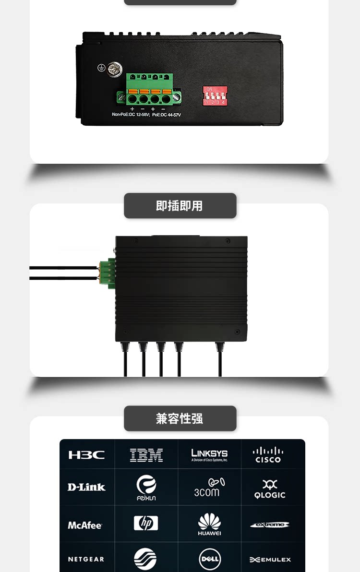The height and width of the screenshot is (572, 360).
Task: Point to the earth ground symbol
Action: [101, 68]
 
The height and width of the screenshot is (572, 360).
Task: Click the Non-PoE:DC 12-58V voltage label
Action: [130, 115]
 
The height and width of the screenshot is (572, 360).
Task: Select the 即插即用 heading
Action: [180, 206]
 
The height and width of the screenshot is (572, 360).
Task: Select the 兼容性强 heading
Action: [180, 418]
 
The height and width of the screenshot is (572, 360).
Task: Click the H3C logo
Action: [86, 455]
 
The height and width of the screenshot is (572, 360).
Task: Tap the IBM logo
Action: [146, 455]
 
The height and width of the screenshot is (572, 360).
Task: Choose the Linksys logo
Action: [209, 454]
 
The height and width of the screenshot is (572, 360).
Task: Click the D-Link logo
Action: [86, 487]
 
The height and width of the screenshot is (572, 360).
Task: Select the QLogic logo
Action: [270, 489]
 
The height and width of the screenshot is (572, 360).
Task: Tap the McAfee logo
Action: [85, 525]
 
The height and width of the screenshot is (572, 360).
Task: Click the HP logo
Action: [146, 523]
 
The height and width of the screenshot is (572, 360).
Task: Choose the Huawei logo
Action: [209, 524]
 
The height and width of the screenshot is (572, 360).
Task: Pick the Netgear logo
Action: [86, 560]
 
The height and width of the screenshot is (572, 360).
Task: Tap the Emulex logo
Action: [270, 560]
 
